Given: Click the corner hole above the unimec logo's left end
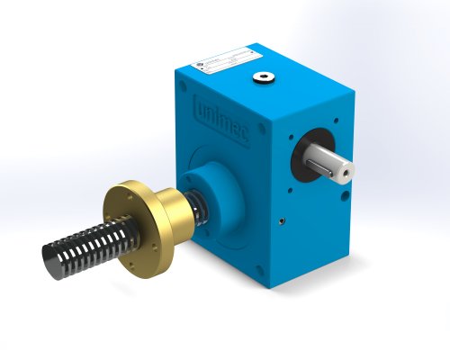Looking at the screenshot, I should [184, 86].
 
